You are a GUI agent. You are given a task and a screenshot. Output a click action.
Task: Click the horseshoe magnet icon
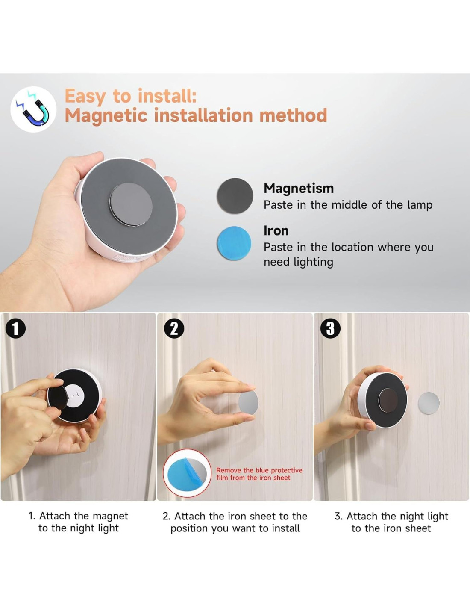(x=33, y=109)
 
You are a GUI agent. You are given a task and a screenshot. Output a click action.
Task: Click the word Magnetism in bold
(x=299, y=188)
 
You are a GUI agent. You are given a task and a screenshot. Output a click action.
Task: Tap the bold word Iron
(x=276, y=231)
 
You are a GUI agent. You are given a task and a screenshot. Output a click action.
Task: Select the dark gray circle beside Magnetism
(x=235, y=195)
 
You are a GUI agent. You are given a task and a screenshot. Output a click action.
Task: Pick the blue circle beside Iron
(x=234, y=243)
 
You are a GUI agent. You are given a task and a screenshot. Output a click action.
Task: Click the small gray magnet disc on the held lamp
(x=131, y=204)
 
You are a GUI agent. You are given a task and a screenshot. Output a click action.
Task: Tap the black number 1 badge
(x=15, y=328)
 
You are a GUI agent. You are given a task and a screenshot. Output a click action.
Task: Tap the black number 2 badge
(x=174, y=328)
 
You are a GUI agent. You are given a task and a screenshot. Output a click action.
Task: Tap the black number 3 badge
(x=330, y=328)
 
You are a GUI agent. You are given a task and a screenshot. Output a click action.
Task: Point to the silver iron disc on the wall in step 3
(x=429, y=403)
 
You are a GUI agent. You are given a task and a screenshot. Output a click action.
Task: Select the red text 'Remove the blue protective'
(x=259, y=470)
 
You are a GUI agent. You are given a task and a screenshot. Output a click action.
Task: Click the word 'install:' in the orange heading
(x=167, y=96)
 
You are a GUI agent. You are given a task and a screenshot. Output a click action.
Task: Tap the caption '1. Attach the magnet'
(x=78, y=516)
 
